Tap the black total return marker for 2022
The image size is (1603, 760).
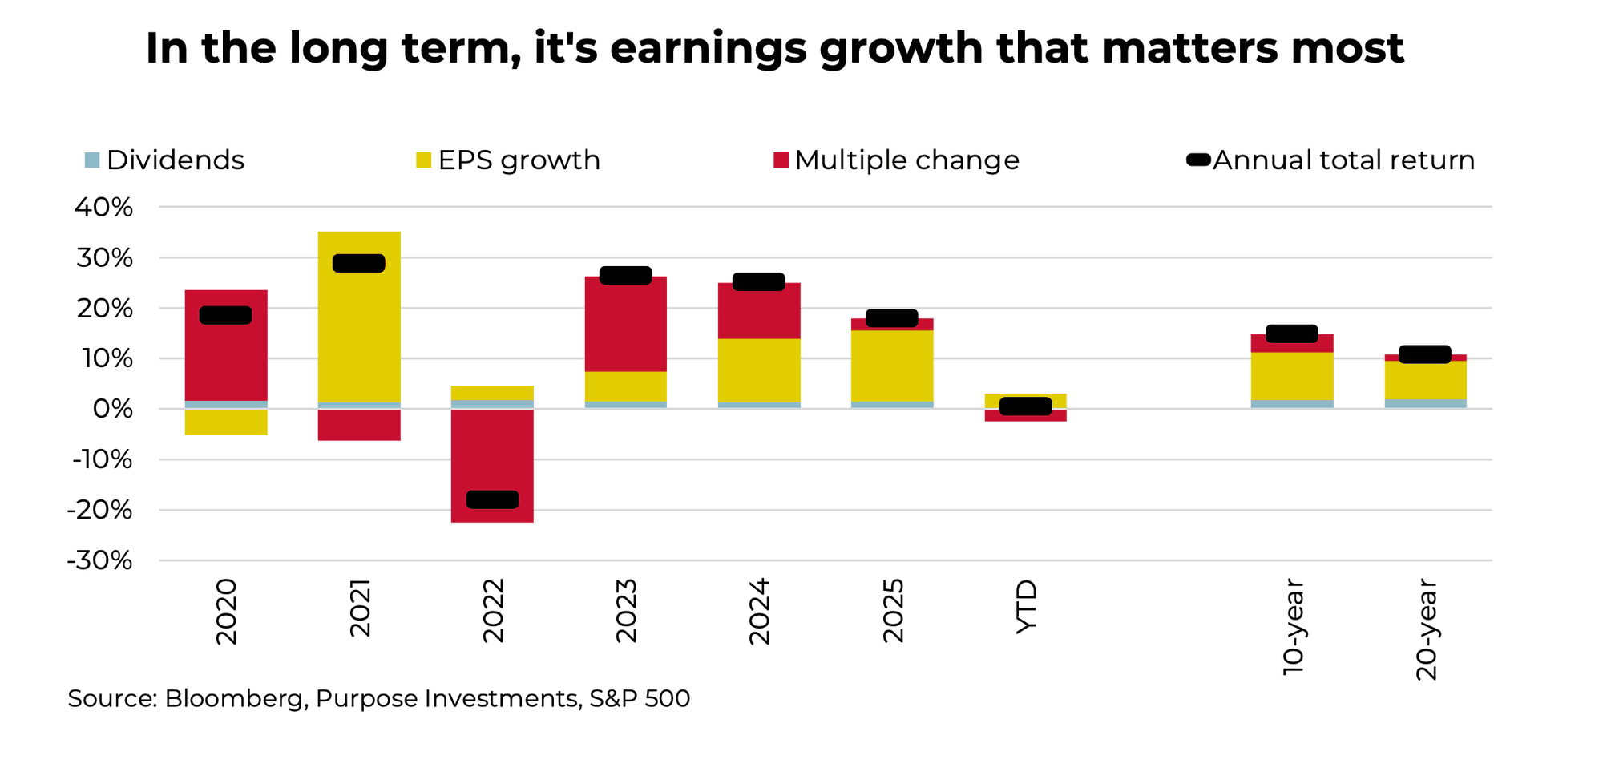[x=492, y=499]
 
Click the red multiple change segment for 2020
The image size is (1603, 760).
[x=226, y=361]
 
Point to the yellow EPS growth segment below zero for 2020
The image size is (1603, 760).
[x=226, y=422]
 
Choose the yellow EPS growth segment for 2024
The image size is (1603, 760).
[x=758, y=370]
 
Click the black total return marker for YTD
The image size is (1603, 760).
[x=1025, y=406]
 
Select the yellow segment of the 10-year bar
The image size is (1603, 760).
[x=1291, y=376]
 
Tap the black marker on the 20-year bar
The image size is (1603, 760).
[x=1424, y=354]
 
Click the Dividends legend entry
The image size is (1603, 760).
[x=164, y=160]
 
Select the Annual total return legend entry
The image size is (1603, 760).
[x=1330, y=160]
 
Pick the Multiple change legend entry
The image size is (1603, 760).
[x=896, y=160]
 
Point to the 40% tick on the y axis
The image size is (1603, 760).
[x=103, y=208]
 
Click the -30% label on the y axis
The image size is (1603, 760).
[x=100, y=560]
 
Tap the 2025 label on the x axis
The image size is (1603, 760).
[x=893, y=610]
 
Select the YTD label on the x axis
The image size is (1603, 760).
[x=1026, y=607]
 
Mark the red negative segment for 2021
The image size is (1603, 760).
[x=359, y=425]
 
